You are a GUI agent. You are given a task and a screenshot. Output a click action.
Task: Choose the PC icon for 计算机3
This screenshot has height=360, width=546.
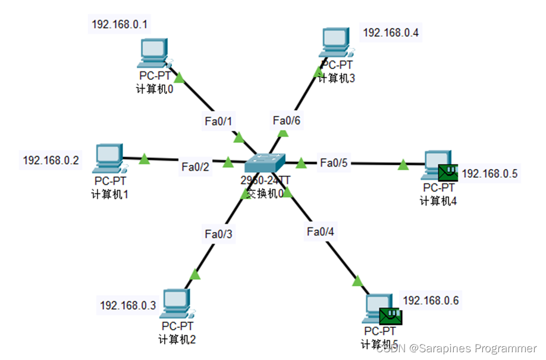(337, 43)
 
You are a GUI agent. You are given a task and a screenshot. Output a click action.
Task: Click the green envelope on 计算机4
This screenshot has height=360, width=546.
(447, 173)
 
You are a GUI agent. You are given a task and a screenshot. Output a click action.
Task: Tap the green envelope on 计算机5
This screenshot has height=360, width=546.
(391, 315)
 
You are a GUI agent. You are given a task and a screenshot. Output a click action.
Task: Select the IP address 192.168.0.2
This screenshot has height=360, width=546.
(51, 160)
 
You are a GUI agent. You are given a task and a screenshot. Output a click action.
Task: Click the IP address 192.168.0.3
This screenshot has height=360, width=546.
(128, 305)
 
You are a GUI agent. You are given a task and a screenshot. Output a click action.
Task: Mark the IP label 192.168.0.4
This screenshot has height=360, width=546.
(391, 33)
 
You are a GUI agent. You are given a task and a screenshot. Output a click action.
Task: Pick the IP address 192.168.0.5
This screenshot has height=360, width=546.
(490, 174)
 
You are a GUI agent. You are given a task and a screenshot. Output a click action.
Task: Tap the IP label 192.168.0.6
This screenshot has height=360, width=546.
(431, 300)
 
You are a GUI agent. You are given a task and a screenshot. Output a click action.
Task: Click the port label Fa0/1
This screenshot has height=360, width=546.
(215, 121)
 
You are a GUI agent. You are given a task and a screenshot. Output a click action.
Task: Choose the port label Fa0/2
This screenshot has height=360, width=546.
(196, 167)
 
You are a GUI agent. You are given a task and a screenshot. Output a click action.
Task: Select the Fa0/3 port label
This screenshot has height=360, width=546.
(218, 234)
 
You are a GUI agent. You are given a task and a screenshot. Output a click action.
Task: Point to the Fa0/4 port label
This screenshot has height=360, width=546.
(321, 231)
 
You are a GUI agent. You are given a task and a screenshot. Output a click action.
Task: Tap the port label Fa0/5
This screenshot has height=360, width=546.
(334, 162)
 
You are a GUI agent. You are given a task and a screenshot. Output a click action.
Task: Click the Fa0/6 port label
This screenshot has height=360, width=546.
(287, 121)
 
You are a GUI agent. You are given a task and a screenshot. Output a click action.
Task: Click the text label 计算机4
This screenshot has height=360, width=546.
(438, 201)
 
